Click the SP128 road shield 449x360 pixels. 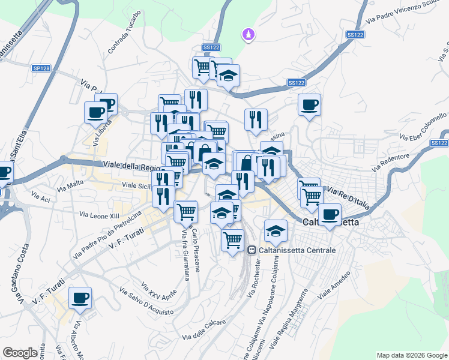pyautogui.click(x=41, y=69)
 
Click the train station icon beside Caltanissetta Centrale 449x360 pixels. pyautogui.click(x=252, y=250)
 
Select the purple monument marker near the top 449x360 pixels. pyautogui.click(x=247, y=36)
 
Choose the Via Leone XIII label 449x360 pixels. pyautogui.click(x=100, y=214)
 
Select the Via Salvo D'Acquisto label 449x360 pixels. pyautogui.click(x=146, y=302)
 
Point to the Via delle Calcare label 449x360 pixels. pyautogui.click(x=203, y=330)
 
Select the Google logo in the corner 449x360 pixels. pyautogui.click(x=20, y=353)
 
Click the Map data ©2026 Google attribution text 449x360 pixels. pyautogui.click(x=412, y=355)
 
